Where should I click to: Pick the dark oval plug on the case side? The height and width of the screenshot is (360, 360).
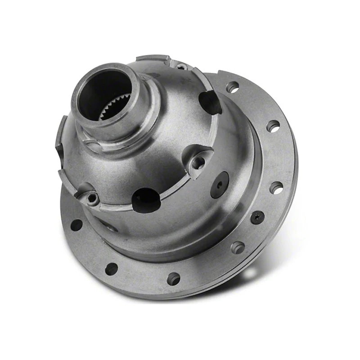(219, 184)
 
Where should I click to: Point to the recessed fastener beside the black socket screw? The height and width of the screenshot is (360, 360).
(237, 247)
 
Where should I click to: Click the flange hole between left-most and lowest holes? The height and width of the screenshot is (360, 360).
(111, 269)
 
